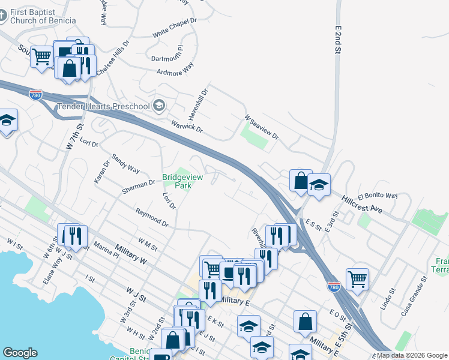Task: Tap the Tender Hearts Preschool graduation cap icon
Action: pyautogui.click(x=159, y=106)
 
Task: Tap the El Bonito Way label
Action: pyautogui.click(x=378, y=196)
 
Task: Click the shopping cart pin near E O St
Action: pyautogui.click(x=357, y=278)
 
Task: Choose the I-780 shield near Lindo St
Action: pyautogui.click(x=334, y=287)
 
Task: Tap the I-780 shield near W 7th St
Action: pyautogui.click(x=37, y=94)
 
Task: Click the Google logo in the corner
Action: pyautogui.click(x=20, y=353)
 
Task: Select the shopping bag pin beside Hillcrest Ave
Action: pyautogui.click(x=300, y=181)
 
